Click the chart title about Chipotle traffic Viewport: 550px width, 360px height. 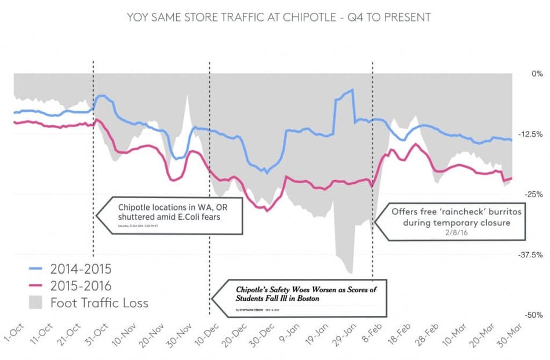pos(278,17)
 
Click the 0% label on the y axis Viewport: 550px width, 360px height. pos(533,74)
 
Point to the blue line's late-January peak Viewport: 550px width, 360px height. pos(351,91)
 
